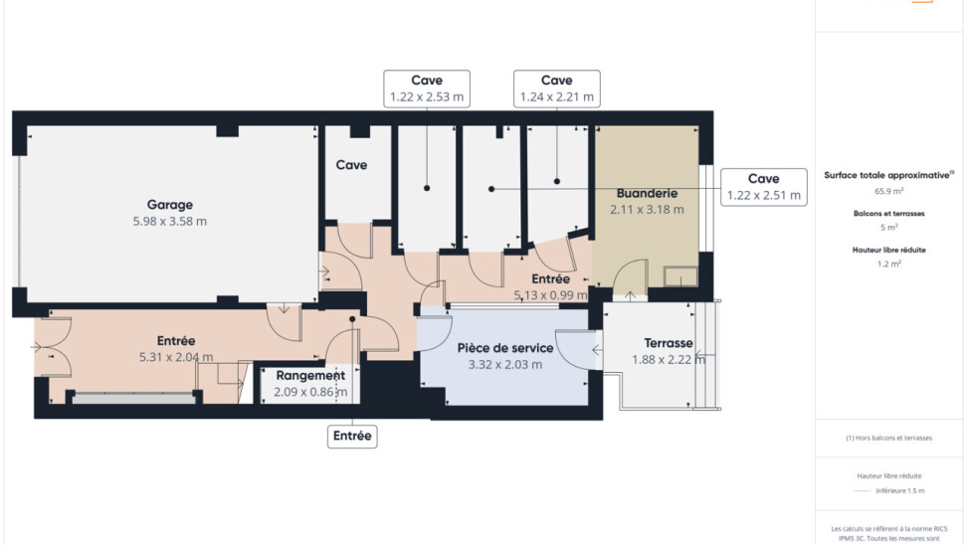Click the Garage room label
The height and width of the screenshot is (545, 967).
click(x=169, y=205)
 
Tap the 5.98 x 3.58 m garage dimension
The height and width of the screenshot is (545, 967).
click(x=169, y=222)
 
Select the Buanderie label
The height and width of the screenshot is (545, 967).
click(x=647, y=194)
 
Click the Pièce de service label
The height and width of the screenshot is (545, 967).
click(x=505, y=348)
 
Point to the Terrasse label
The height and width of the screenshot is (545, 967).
click(x=669, y=343)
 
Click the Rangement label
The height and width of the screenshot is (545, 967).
click(x=310, y=376)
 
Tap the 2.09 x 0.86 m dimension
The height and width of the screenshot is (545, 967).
click(x=310, y=392)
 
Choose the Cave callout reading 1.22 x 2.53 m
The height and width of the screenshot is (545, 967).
click(x=427, y=89)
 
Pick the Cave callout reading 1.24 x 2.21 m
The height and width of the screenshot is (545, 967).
click(x=557, y=89)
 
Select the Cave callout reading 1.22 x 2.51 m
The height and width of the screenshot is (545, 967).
click(x=763, y=187)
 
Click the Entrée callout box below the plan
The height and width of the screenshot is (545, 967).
click(x=352, y=436)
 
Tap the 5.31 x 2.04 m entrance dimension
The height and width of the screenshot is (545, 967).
click(x=176, y=357)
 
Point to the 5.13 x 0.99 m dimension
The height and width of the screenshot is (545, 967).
click(x=551, y=295)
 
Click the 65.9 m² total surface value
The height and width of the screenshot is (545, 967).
click(x=888, y=191)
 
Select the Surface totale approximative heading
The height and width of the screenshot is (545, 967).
click(x=888, y=175)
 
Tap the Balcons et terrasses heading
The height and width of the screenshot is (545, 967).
click(x=888, y=213)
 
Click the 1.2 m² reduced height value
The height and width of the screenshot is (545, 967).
click(x=888, y=264)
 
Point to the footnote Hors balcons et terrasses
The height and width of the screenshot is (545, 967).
click(x=888, y=438)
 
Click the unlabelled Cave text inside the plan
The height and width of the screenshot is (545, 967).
click(x=351, y=165)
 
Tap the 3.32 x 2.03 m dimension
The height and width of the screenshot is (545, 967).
click(x=505, y=364)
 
